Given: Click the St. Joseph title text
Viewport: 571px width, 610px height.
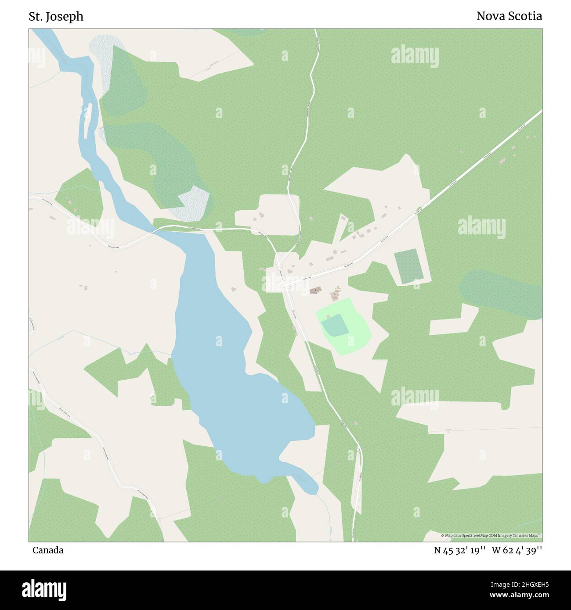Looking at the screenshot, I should pos(56,17).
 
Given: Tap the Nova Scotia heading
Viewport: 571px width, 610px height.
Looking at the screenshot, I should pos(509,16).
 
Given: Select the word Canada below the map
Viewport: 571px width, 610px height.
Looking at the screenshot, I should pos(47,550).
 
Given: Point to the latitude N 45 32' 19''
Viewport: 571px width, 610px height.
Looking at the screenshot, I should pos(459,550).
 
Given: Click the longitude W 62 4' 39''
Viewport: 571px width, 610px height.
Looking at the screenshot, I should pos(517,550).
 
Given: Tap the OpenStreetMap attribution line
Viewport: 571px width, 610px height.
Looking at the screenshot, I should pos(491,535).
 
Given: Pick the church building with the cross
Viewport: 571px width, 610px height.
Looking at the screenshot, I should pos(315,291).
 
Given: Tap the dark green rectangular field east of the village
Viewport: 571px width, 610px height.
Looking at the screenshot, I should pos(409,266).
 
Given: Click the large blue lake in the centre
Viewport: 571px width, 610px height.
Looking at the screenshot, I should pos(228,360).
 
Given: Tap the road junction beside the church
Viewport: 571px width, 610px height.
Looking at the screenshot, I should pos(286,285).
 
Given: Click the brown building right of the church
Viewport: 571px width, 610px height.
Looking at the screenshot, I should pos(335,296).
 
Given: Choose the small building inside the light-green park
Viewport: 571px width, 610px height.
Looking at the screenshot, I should pos(329,316).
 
